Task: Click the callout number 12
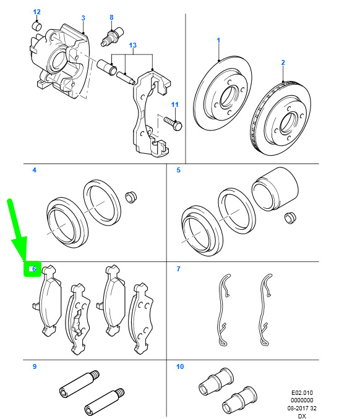tap(36, 12)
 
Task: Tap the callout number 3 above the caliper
tap(83, 18)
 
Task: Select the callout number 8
tap(111, 17)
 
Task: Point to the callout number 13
tap(132, 45)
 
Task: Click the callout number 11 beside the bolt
tap(174, 104)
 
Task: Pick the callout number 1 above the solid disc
tap(218, 40)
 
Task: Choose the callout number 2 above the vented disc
tap(283, 62)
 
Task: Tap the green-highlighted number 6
tap(34, 269)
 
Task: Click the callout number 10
tap(180, 366)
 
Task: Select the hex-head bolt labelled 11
tap(173, 124)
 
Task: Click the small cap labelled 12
tap(37, 26)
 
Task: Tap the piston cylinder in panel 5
tap(275, 189)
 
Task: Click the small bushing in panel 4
tap(131, 197)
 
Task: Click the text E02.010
tap(302, 393)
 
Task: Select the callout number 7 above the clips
tap(178, 269)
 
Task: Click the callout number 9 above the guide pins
tap(35, 366)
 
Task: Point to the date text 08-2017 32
tap(302, 408)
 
